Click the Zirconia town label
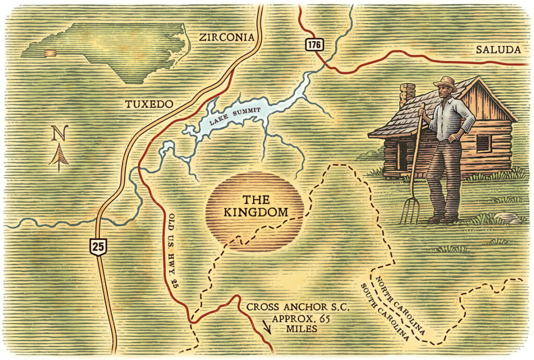point(227,37)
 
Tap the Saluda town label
point(498,50)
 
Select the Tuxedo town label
point(149,104)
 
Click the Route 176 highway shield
point(313,45)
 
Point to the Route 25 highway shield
point(97,245)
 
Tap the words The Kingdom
point(256,206)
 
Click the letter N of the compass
point(59,134)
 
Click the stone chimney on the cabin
point(407,94)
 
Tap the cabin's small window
point(483,143)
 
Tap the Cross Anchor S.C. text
point(293,307)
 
